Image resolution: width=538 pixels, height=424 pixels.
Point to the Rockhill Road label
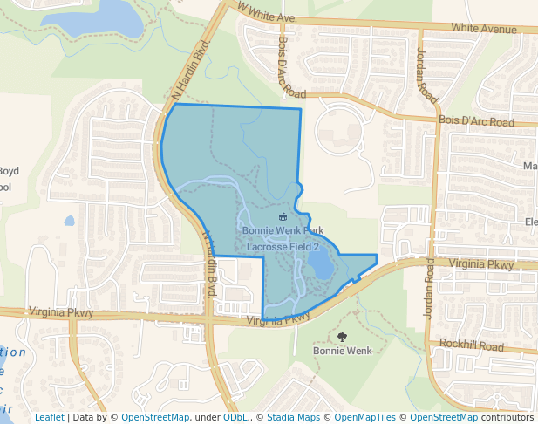tap(472, 346)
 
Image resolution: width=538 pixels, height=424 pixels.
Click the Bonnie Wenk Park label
tap(276, 231)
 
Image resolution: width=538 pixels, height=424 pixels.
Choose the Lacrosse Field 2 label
tap(283, 247)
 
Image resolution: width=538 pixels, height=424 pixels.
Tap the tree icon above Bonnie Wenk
tap(341, 337)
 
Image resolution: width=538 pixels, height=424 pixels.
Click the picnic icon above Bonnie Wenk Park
tap(282, 216)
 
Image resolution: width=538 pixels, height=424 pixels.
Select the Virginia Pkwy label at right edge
tap(482, 263)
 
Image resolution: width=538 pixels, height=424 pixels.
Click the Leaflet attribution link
tap(49, 417)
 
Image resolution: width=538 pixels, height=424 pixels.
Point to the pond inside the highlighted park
tap(320, 263)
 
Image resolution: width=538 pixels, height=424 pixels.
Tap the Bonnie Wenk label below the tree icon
tap(342, 351)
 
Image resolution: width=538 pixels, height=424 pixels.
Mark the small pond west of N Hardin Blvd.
tap(69, 221)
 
